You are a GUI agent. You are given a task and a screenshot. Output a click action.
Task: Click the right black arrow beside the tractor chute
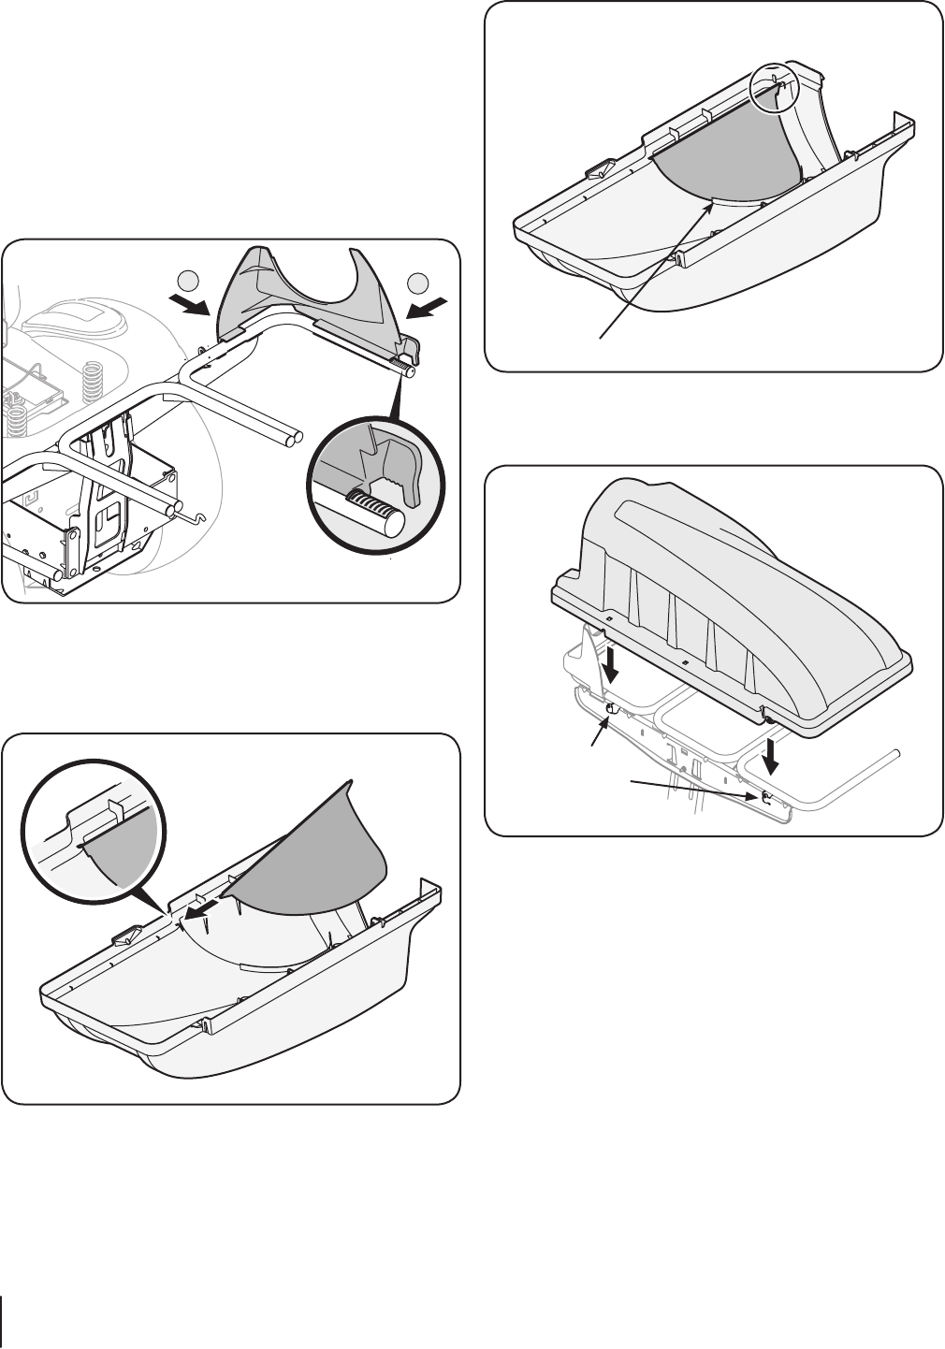click(433, 307)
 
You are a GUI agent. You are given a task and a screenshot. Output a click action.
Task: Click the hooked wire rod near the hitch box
click(192, 512)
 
